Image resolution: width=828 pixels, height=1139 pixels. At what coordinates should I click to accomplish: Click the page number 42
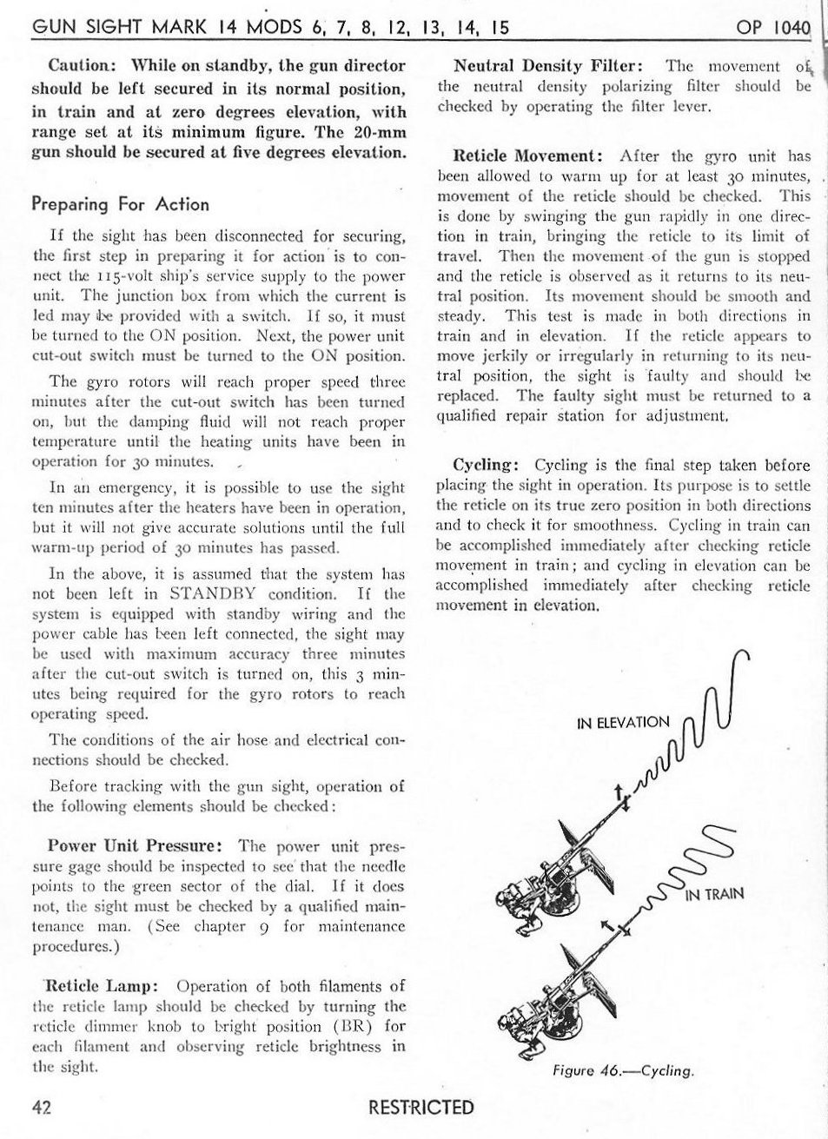point(40,1107)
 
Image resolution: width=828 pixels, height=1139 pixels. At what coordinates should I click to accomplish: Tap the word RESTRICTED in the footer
point(421,1107)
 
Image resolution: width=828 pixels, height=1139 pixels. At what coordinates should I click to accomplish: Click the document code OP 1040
point(772,27)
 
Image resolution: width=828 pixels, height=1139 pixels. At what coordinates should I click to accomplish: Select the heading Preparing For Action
point(120,204)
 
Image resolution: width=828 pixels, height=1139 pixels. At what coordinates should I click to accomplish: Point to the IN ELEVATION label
point(624,723)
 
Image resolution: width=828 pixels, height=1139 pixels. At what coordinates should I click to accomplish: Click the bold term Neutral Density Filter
point(548,66)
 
